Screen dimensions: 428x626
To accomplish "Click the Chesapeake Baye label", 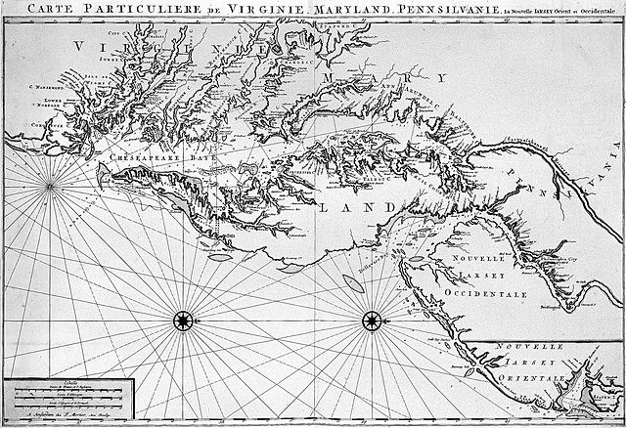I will (x=153, y=154).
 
